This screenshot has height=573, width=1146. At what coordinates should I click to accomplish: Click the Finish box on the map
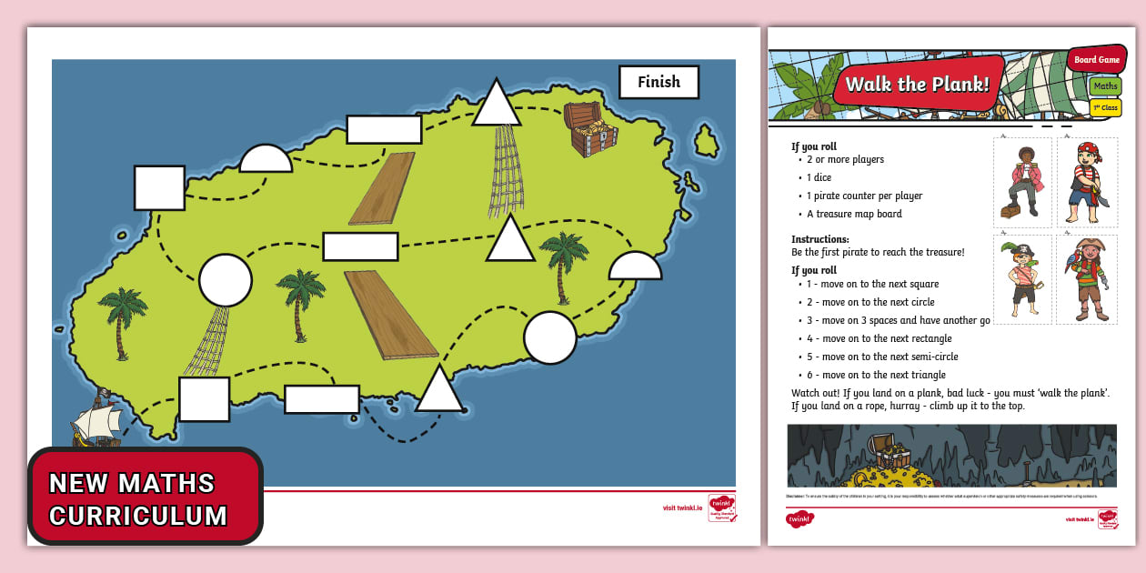(x=658, y=82)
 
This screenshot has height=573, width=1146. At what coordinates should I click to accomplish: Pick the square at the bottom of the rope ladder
(x=204, y=399)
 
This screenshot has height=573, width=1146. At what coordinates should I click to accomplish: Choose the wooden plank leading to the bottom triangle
(x=390, y=314)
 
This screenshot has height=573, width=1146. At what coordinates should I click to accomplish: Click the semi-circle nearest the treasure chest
(x=635, y=266)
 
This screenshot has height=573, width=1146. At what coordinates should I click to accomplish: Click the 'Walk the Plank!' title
(x=917, y=85)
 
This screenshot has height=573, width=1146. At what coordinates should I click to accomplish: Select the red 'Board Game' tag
(x=1097, y=60)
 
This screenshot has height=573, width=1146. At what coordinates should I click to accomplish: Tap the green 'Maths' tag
(x=1105, y=86)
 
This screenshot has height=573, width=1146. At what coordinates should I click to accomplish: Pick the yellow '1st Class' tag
(x=1105, y=108)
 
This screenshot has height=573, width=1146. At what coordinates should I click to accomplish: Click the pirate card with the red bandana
(x=1087, y=182)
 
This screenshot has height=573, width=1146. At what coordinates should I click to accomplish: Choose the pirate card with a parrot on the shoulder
(x=1087, y=279)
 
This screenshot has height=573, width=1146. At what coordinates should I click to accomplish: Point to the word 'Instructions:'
(x=820, y=239)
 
